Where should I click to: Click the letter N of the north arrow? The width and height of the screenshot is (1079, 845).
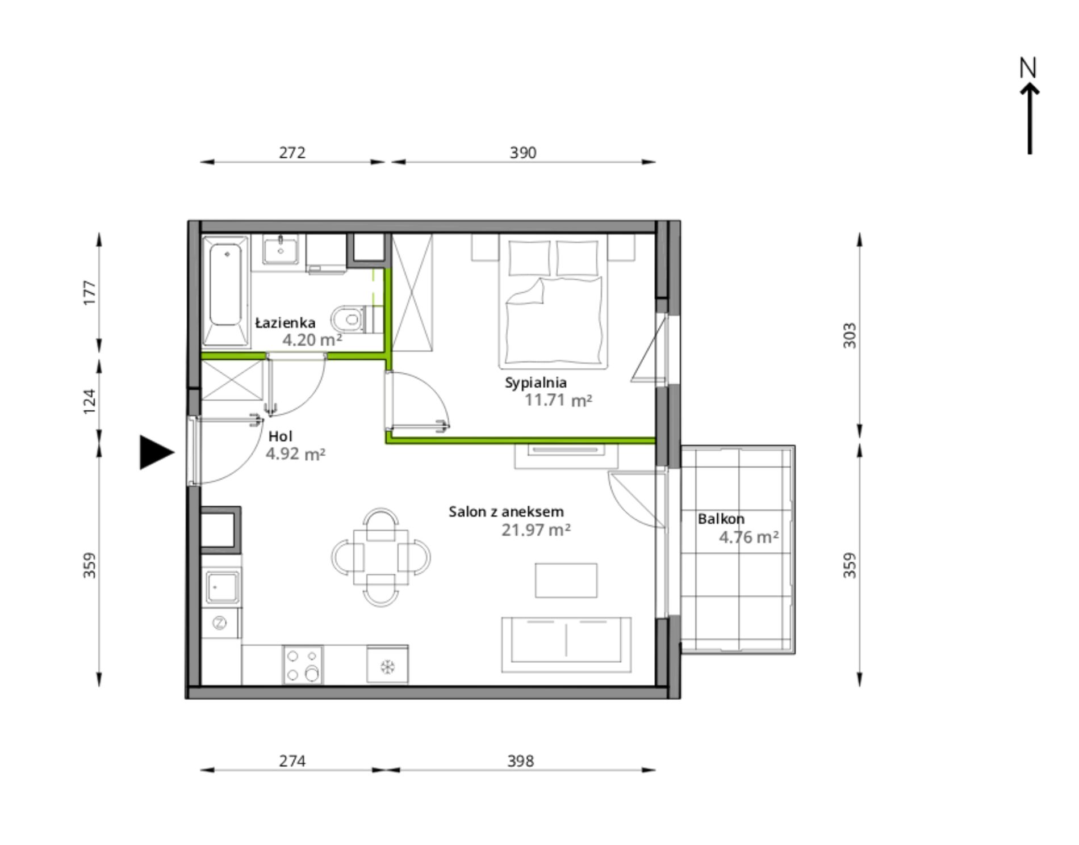point(1028,68)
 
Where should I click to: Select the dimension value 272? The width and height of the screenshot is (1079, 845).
point(292,153)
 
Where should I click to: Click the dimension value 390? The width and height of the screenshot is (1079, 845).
point(522,153)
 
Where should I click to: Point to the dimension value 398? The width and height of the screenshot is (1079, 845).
point(520,760)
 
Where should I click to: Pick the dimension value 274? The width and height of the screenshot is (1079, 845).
point(292,760)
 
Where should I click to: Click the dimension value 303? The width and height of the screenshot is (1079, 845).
point(849,335)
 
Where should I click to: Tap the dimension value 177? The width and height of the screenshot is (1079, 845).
point(90,293)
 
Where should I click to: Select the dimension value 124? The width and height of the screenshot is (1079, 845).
point(90,401)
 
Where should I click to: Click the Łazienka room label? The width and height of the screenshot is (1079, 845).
point(285,323)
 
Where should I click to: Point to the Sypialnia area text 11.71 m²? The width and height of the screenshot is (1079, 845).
point(558,400)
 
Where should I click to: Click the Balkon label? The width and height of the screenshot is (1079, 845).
point(721,519)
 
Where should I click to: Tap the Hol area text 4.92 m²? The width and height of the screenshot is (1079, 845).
point(295,454)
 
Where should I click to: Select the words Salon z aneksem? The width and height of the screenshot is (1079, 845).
point(506,512)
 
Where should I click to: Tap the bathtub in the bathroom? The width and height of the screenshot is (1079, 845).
point(226,291)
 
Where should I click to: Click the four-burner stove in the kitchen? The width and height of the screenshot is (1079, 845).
point(303,665)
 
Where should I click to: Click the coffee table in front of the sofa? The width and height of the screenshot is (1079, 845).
point(566,580)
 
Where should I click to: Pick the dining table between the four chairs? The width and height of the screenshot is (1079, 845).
point(380,557)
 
